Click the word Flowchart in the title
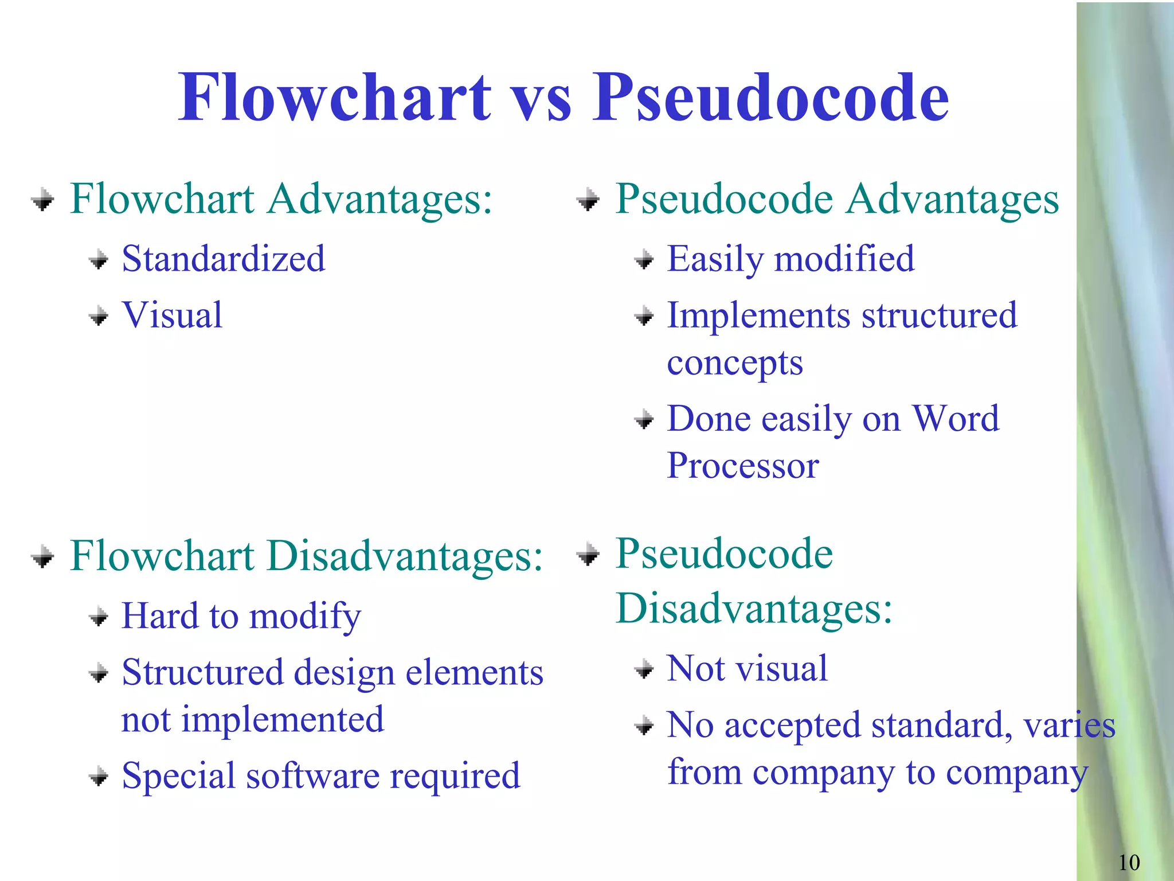click(x=335, y=98)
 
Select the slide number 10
click(x=1129, y=862)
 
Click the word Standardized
click(x=224, y=259)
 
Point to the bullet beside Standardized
click(x=99, y=260)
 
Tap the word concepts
click(x=735, y=363)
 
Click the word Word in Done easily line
click(x=956, y=418)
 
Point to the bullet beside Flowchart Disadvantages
click(x=43, y=556)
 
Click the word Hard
click(x=160, y=616)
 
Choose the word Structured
click(x=203, y=672)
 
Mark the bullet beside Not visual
click(x=644, y=669)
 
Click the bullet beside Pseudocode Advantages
click(x=588, y=200)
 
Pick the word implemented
click(x=283, y=720)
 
